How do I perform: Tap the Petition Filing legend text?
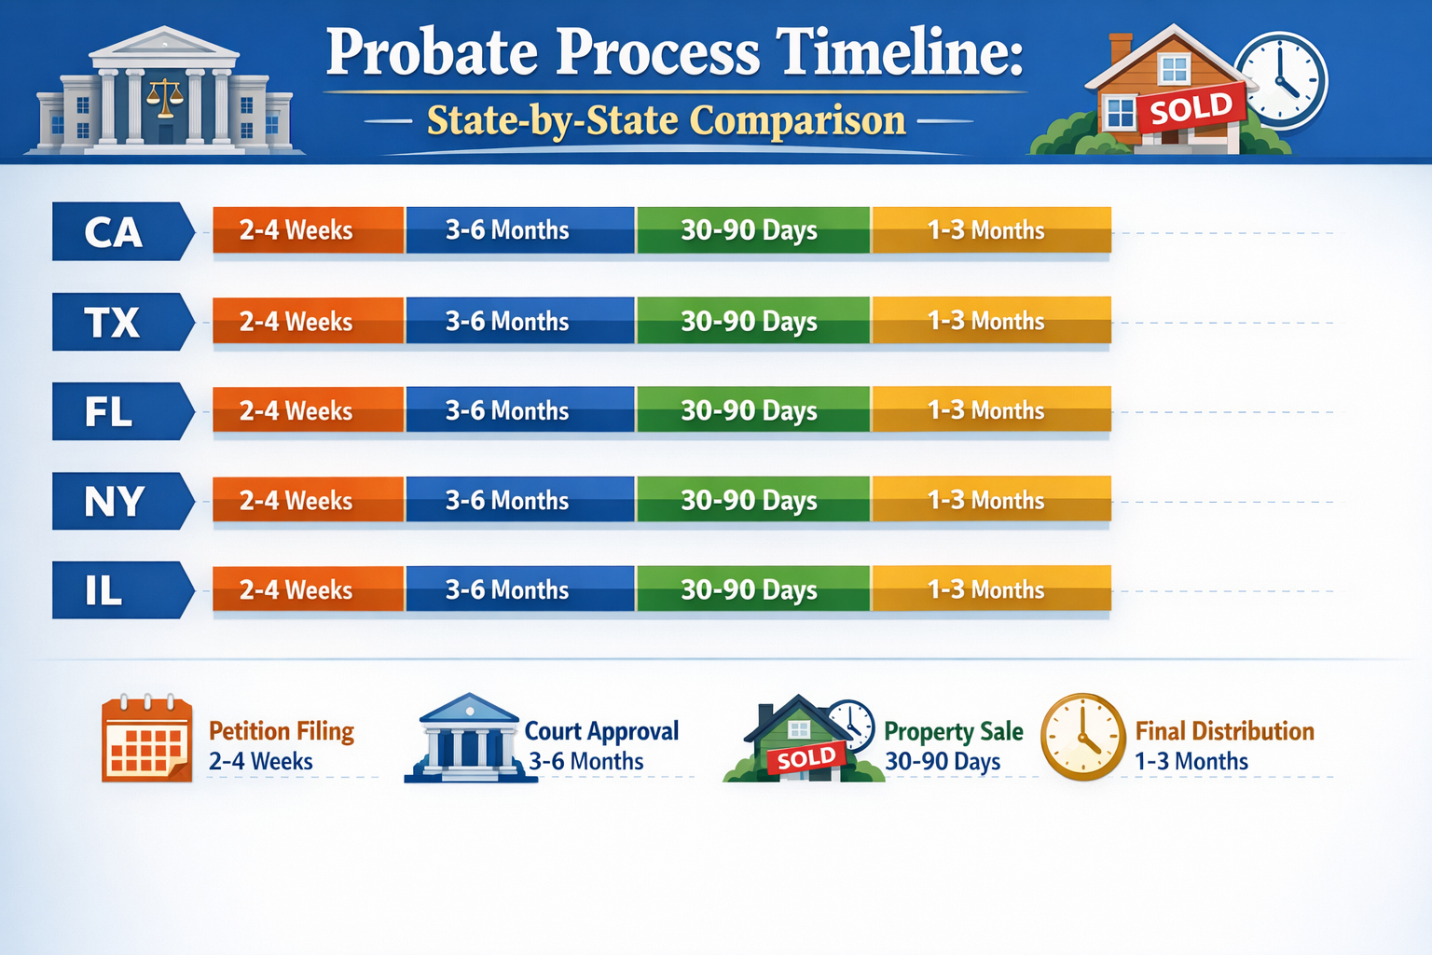(x=281, y=732)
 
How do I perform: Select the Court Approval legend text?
(x=601, y=732)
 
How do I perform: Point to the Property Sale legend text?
(x=953, y=732)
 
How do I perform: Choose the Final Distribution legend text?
(x=1224, y=732)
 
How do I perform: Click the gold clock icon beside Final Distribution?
(x=1082, y=737)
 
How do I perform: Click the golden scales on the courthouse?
(x=165, y=96)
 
